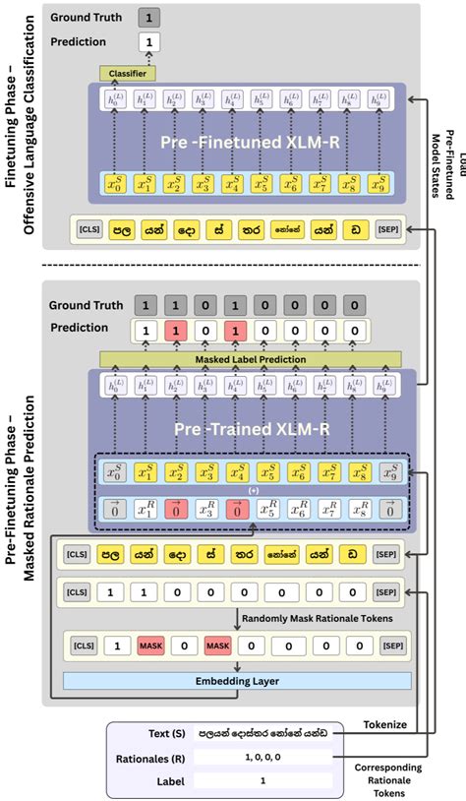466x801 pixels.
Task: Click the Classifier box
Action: click(x=127, y=74)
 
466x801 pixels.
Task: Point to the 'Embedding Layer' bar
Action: click(x=237, y=681)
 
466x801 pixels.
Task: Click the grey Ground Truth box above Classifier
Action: click(x=147, y=17)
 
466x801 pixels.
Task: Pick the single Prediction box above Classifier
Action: click(x=147, y=43)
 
